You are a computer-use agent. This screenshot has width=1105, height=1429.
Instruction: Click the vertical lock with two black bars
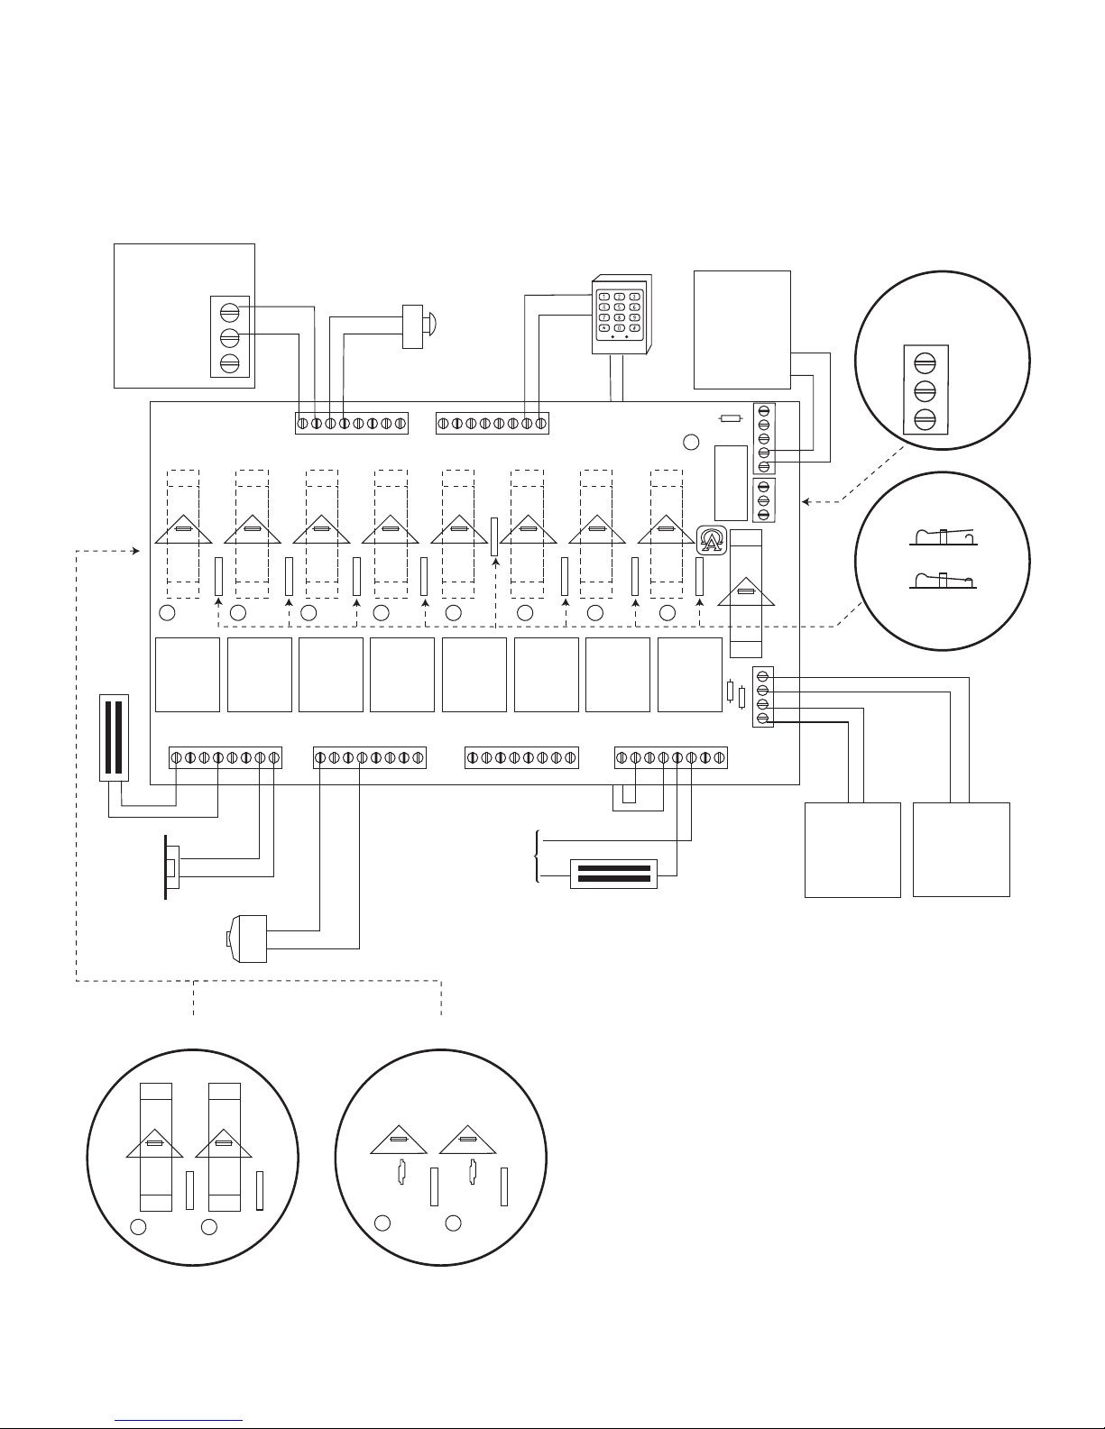pyautogui.click(x=115, y=737)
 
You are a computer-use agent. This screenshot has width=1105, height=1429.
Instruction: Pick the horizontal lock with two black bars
pyautogui.click(x=613, y=875)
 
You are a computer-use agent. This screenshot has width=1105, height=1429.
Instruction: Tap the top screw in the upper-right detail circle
pyautogui.click(x=924, y=362)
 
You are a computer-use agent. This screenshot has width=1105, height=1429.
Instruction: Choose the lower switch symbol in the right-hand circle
pyautogui.click(x=943, y=579)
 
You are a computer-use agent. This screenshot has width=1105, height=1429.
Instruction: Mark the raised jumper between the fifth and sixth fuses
pyautogui.click(x=494, y=536)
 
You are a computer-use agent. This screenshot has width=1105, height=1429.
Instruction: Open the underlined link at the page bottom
pyautogui.click(x=180, y=1419)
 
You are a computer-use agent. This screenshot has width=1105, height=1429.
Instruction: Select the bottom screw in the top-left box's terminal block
pyautogui.click(x=229, y=363)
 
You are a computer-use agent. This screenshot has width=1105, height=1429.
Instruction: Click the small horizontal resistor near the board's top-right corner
pyautogui.click(x=730, y=418)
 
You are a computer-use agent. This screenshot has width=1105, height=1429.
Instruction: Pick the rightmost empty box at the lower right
pyautogui.click(x=961, y=848)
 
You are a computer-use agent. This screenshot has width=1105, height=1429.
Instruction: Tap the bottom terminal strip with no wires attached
pyautogui.click(x=520, y=758)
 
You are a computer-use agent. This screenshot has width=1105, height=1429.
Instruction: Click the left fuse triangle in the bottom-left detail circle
pyautogui.click(x=154, y=1142)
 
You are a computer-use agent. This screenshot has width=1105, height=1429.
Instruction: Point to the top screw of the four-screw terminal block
pyautogui.click(x=763, y=676)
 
